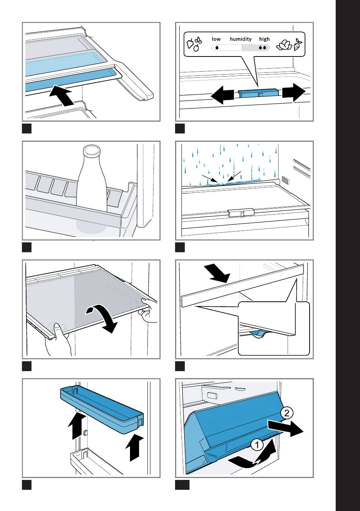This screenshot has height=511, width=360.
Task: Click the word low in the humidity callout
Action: click(216, 39)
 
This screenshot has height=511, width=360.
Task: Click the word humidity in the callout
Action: click(241, 39)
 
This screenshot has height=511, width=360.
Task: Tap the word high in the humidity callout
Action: click(264, 39)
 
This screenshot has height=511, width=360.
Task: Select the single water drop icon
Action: click(217, 48)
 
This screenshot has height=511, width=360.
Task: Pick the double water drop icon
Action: click(263, 48)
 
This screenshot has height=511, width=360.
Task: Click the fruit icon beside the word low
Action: click(194, 44)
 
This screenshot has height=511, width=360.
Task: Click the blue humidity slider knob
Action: click(258, 94)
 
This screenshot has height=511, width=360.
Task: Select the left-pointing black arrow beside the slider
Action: click(222, 95)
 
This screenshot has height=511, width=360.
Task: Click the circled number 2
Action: click(287, 413)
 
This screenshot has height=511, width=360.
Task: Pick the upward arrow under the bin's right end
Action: click(134, 448)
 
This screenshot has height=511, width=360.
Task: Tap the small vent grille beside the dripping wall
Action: click(285, 180)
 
